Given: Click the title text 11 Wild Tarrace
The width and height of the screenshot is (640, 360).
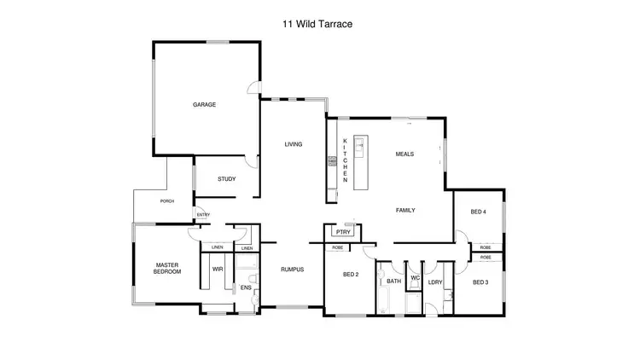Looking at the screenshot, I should [x=317, y=25].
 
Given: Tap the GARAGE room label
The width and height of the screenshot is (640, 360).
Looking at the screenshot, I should [x=204, y=105].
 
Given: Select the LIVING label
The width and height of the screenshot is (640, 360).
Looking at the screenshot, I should [x=294, y=144].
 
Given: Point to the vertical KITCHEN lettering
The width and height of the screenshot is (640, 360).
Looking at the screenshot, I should [x=345, y=160].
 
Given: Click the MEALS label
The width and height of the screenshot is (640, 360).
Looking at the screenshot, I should [x=404, y=154].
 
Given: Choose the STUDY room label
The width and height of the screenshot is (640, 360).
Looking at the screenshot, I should [x=226, y=179].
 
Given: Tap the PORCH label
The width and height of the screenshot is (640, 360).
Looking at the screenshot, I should [x=167, y=201].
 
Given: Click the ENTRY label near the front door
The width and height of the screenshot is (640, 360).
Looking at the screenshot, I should [x=203, y=215].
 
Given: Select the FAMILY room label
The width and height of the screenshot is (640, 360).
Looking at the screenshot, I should [x=404, y=210].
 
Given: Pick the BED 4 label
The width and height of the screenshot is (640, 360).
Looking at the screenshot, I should [x=479, y=212].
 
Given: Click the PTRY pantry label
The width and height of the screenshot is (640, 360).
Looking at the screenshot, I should [x=344, y=231].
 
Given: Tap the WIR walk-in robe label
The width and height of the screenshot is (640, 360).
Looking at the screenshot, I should [x=217, y=270].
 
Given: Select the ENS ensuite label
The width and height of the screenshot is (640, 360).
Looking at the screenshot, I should [x=245, y=288].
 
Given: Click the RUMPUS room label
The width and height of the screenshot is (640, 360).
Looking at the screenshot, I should [x=293, y=270].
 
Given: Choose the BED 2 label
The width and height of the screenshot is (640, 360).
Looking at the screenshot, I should [x=351, y=275].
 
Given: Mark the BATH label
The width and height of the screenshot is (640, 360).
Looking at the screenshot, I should [x=393, y=282].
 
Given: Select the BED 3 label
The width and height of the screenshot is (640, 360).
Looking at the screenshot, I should [x=480, y=282].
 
